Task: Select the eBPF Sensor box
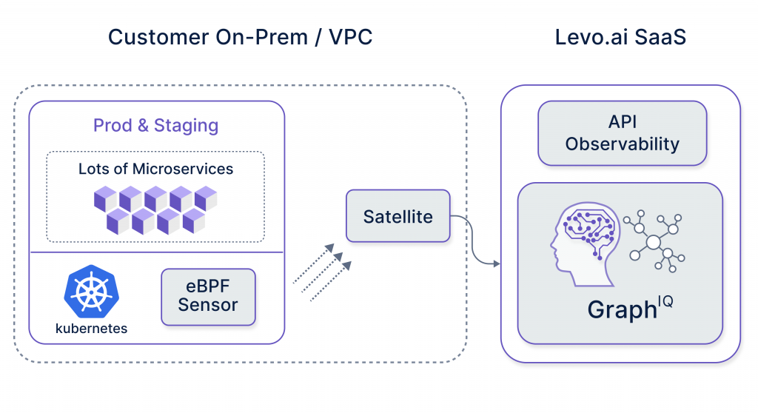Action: coord(208,296)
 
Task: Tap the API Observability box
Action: coord(622,133)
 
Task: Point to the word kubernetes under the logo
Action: coord(92,328)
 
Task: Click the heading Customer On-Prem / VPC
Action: coord(240,37)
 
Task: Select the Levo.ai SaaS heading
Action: coord(620,37)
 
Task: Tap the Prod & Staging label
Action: coord(155,125)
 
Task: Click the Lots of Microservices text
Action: coord(155,169)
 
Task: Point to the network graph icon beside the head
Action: coord(654,241)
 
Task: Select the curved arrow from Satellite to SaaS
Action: coord(474,244)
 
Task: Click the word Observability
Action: coord(622,144)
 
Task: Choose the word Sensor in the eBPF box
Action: coord(208,306)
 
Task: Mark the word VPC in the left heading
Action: coord(346,37)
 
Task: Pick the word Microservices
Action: coord(183,169)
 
